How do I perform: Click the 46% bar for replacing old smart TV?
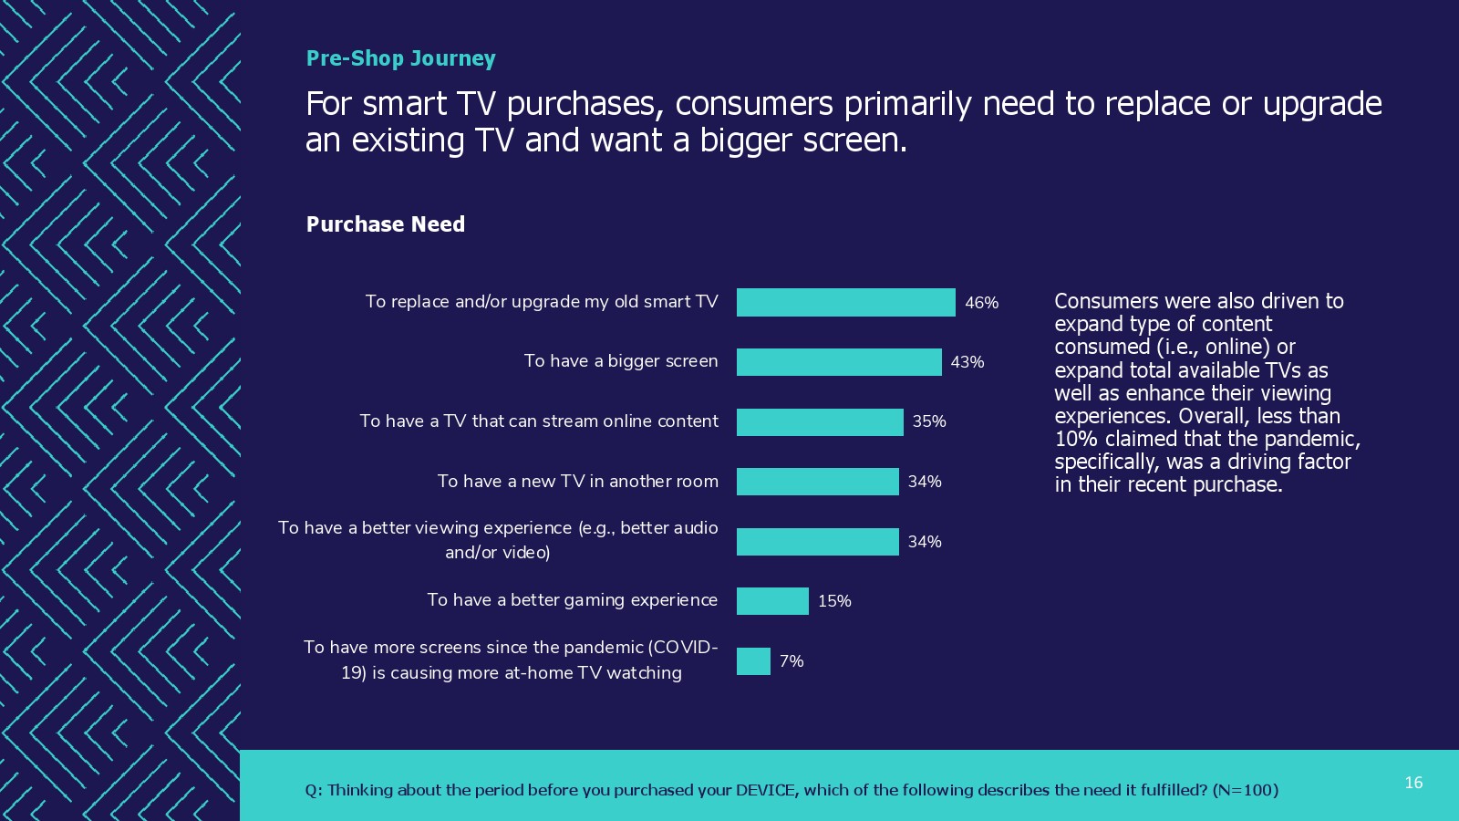coord(845,302)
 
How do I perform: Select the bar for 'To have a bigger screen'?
coord(839,362)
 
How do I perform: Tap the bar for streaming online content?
coord(820,421)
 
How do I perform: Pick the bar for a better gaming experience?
coord(772,601)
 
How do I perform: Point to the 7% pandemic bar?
coord(753,661)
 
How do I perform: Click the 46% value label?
coord(981,303)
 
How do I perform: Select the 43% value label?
coord(967,362)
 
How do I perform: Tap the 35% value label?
coord(928,421)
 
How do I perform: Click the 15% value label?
coord(833,601)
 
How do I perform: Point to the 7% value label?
coord(791,661)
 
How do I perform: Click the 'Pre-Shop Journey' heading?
coord(400,58)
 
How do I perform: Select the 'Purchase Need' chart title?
coord(385,224)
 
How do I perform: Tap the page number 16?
coord(1413,783)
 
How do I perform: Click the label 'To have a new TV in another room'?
coord(577,482)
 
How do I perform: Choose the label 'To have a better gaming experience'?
coord(572,600)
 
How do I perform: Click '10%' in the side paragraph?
coord(1076,439)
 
